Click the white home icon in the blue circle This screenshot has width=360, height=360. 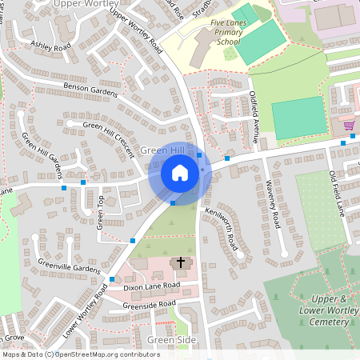point(180,173)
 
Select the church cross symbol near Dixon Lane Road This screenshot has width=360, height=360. point(181,262)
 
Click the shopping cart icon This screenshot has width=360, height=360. point(348,126)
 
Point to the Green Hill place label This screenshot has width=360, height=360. point(162,150)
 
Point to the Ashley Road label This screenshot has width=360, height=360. point(50,46)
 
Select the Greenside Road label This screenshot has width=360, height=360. point(149,304)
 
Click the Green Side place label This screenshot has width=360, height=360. point(171,340)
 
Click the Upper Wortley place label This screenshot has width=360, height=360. point(85,4)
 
